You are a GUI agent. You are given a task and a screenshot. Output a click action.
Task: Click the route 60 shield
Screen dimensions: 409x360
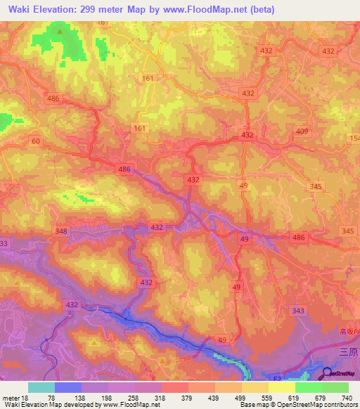(35, 141)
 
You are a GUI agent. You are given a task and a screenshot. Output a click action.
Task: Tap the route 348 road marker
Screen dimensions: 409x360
(61, 231)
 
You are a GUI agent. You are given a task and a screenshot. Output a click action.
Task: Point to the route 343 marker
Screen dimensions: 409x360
(297, 311)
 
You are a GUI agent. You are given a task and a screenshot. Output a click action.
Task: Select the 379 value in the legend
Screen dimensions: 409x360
(176, 398)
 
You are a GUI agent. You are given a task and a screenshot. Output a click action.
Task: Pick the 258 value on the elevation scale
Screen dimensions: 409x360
(121, 398)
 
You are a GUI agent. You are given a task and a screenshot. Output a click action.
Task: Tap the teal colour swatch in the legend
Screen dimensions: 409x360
(41, 387)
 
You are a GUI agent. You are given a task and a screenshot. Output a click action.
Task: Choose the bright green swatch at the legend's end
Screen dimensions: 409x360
(335, 387)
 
